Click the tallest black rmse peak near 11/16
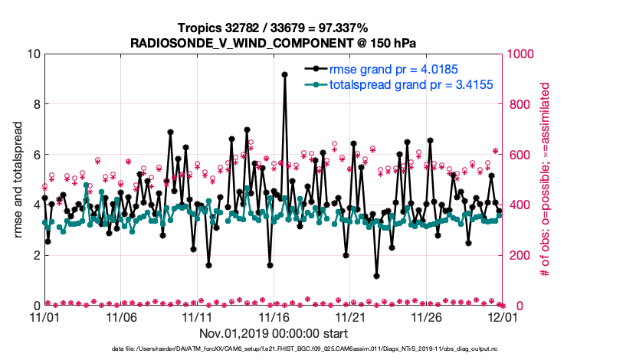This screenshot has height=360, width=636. pos(285,74)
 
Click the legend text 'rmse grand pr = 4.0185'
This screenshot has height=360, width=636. pos(395,69)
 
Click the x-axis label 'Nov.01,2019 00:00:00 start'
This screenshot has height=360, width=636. pos(274,333)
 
